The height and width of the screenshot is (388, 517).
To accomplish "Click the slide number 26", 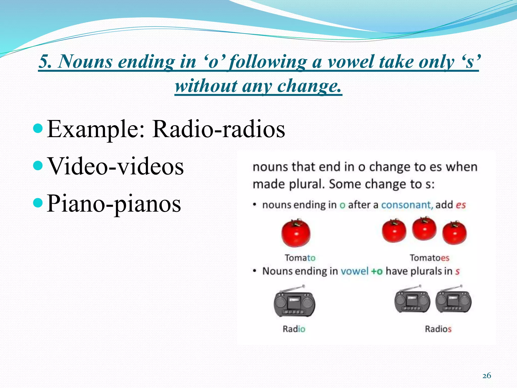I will pos(486,376).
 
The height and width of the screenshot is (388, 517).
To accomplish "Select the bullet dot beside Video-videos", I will pos(38,166).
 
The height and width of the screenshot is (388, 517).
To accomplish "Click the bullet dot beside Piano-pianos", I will pos(38,203).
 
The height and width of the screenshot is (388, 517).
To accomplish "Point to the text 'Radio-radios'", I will pos(219,129).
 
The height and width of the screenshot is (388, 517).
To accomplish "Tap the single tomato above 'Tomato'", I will pos(296,233).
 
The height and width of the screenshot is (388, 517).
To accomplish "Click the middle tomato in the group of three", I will pos(424,229).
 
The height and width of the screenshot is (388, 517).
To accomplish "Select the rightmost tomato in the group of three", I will pos(454,233).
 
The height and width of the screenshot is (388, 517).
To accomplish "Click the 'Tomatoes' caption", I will pos(429,258).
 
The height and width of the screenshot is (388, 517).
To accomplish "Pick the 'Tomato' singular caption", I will pos(300,258).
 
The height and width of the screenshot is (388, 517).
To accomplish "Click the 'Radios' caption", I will pos(438,329).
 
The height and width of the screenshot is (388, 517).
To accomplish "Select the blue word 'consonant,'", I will pos(407,205).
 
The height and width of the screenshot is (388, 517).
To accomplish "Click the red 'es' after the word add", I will pos(461,205).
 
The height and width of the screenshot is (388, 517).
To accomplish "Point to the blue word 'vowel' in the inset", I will pos(354,271).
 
